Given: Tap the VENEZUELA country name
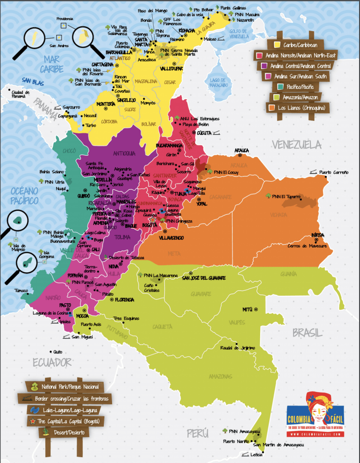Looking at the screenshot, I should (x=296, y=145).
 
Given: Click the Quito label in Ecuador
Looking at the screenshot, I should (x=57, y=352).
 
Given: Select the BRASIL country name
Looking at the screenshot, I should (x=308, y=333).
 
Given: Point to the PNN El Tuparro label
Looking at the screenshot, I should (x=289, y=196).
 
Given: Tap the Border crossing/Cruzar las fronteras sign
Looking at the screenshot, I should (x=64, y=398).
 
